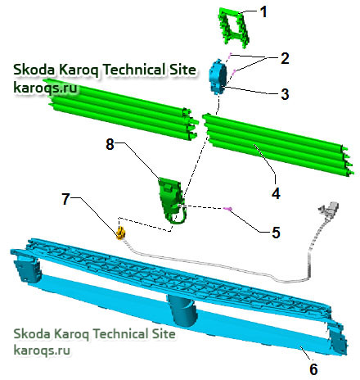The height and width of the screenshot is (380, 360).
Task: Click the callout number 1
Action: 263,12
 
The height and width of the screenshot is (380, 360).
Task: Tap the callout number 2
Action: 285,58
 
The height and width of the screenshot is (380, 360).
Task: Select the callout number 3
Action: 285,93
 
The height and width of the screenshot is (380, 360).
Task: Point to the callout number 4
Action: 276,193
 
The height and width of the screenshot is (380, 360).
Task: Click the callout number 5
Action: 276,233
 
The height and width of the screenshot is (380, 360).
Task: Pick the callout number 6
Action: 313,369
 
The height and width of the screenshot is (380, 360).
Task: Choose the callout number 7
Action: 65,199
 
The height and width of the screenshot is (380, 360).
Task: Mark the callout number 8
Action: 110,144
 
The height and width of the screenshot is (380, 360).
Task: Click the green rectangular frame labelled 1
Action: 234,27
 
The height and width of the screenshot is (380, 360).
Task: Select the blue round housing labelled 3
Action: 218,76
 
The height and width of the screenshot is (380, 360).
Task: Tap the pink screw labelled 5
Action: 228,209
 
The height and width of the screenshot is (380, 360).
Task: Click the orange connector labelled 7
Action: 120,233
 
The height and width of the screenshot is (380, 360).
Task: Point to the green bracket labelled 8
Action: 171,199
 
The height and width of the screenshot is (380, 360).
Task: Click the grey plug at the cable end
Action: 328,208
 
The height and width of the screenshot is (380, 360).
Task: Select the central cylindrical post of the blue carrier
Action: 182,310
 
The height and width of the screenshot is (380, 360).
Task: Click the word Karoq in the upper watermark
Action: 79,70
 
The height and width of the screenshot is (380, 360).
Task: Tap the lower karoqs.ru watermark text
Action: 42,351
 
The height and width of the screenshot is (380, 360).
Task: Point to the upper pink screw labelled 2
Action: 230,56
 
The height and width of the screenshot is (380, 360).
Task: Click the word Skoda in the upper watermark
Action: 34,70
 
